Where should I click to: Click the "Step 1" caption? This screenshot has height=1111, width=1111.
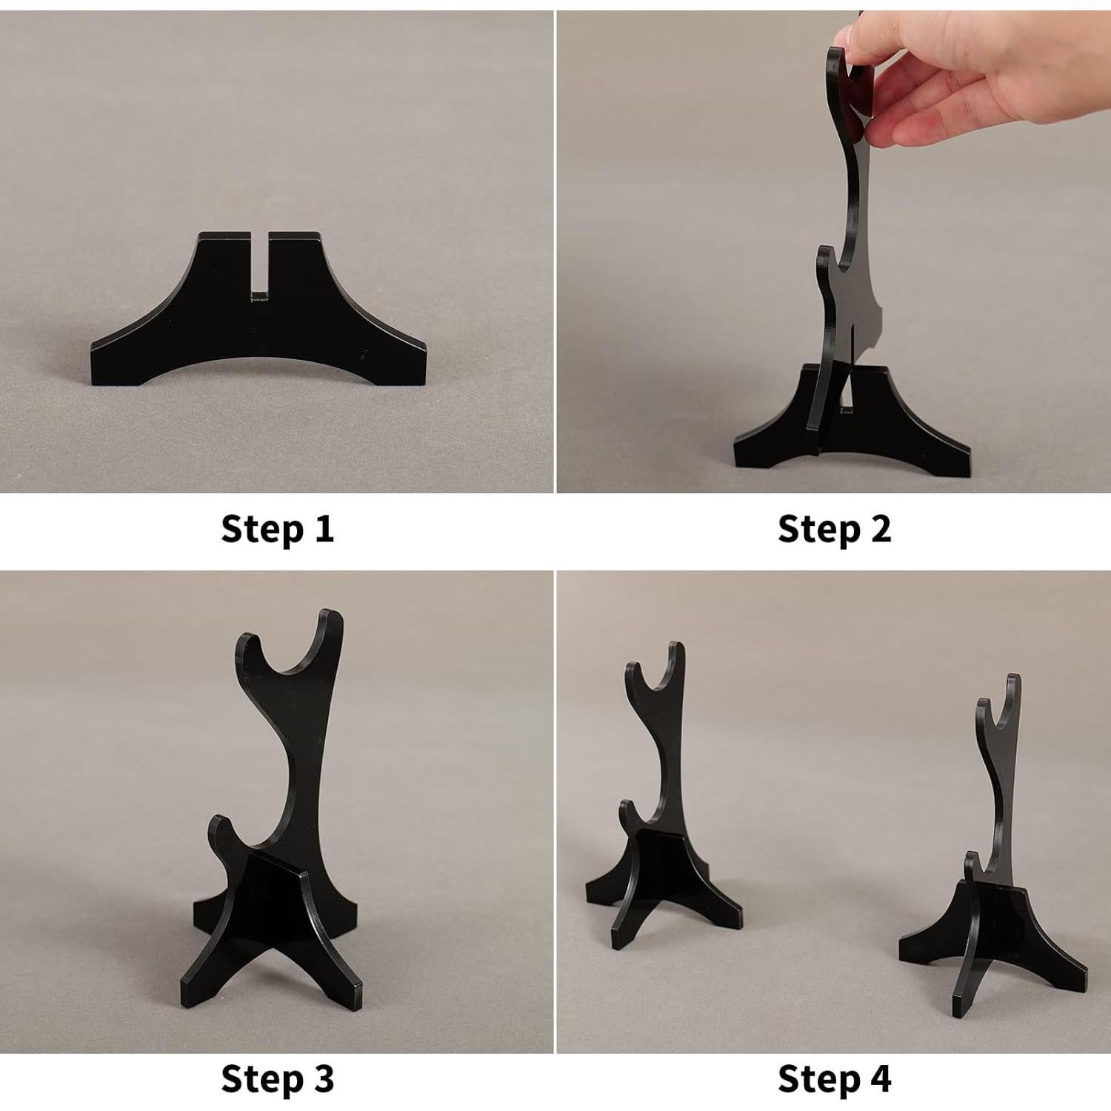click(277, 529)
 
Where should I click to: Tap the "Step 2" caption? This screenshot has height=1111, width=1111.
click(834, 529)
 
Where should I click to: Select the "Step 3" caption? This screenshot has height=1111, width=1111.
click(277, 1078)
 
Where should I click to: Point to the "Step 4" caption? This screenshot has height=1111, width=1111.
click(834, 1078)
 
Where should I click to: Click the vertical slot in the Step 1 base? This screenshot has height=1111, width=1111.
click(258, 267)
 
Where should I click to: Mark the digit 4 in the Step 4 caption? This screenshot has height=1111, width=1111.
click(879, 1078)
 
